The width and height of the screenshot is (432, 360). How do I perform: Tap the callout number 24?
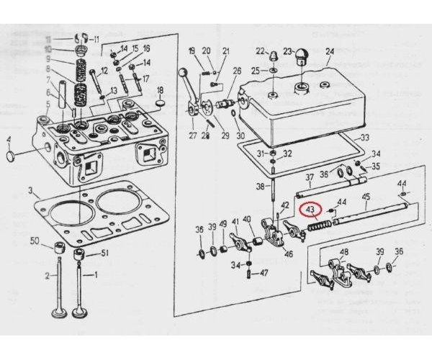click(330, 51)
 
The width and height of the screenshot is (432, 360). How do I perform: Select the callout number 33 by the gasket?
click(364, 138)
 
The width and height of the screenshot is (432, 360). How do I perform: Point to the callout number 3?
click(30, 192)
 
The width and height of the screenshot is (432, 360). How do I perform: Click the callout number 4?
click(9, 140)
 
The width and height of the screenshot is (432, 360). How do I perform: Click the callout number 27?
click(192, 135)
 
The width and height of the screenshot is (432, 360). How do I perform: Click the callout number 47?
click(264, 273)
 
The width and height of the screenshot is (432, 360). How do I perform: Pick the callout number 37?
click(309, 177)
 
